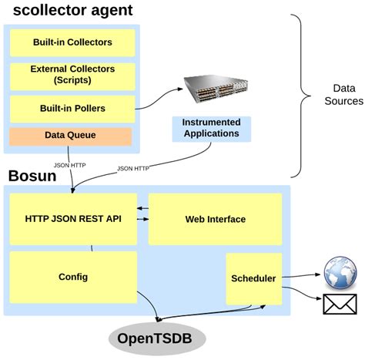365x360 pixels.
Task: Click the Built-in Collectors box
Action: point(72,42)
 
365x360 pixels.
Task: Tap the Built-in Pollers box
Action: point(72,109)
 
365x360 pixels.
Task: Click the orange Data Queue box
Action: point(71,136)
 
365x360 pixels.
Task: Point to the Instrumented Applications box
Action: point(211,128)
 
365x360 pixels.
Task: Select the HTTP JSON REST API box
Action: point(73,219)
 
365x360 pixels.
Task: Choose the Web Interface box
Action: point(215,219)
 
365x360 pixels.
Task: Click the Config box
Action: point(73,276)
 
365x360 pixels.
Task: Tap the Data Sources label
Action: point(343,95)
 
